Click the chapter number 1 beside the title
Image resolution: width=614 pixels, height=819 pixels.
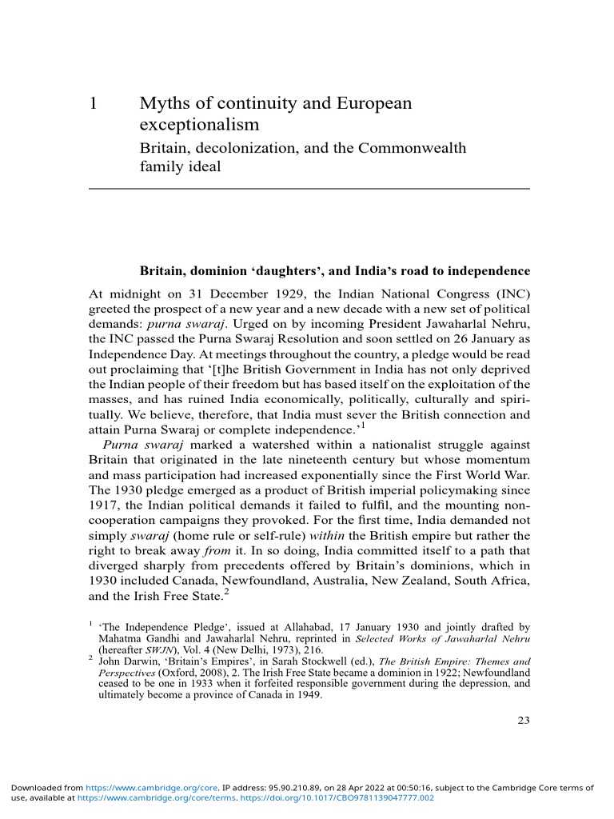pyautogui.click(x=93, y=104)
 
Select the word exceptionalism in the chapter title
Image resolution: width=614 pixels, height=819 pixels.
pyautogui.click(x=199, y=125)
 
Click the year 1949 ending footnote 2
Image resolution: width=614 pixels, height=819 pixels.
pyautogui.click(x=307, y=694)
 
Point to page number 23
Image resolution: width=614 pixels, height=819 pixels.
pyautogui.click(x=524, y=721)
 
